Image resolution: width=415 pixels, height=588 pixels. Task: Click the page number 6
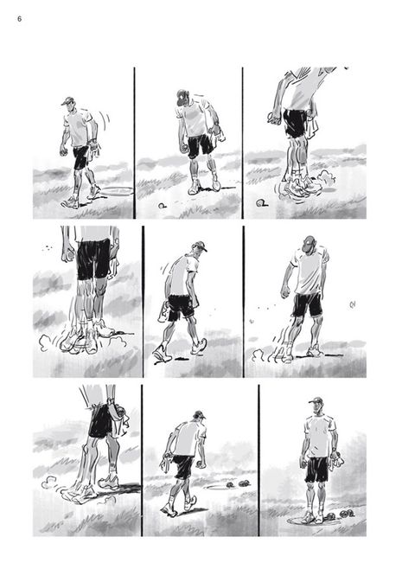pos(20,19)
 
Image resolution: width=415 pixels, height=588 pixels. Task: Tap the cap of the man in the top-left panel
pos(67,101)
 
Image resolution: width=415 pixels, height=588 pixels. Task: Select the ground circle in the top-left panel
pos(117,191)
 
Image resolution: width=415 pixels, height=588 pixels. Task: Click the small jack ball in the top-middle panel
pos(162,206)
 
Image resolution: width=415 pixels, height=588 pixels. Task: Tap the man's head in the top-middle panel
pos(183,98)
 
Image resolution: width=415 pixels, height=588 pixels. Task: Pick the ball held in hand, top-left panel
pos(63,151)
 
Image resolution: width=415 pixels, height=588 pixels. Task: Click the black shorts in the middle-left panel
pos(93,259)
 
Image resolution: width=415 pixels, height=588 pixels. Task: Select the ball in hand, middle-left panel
pos(68,256)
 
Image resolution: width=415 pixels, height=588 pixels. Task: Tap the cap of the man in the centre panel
pos(199,246)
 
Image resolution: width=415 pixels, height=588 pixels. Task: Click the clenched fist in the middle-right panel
pos(285,292)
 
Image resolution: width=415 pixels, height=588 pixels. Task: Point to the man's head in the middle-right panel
pos(309,245)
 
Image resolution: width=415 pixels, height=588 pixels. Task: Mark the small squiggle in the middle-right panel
pos(352,305)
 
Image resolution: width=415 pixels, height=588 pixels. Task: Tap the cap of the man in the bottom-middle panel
pos(200,414)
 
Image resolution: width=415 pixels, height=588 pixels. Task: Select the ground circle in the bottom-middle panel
pos(217,487)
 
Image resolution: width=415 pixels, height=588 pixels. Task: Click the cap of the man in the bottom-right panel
pos(316,400)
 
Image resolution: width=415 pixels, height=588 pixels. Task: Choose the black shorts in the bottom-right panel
pos(316,470)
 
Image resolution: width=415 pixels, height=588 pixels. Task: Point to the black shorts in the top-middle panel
pos(201,145)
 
